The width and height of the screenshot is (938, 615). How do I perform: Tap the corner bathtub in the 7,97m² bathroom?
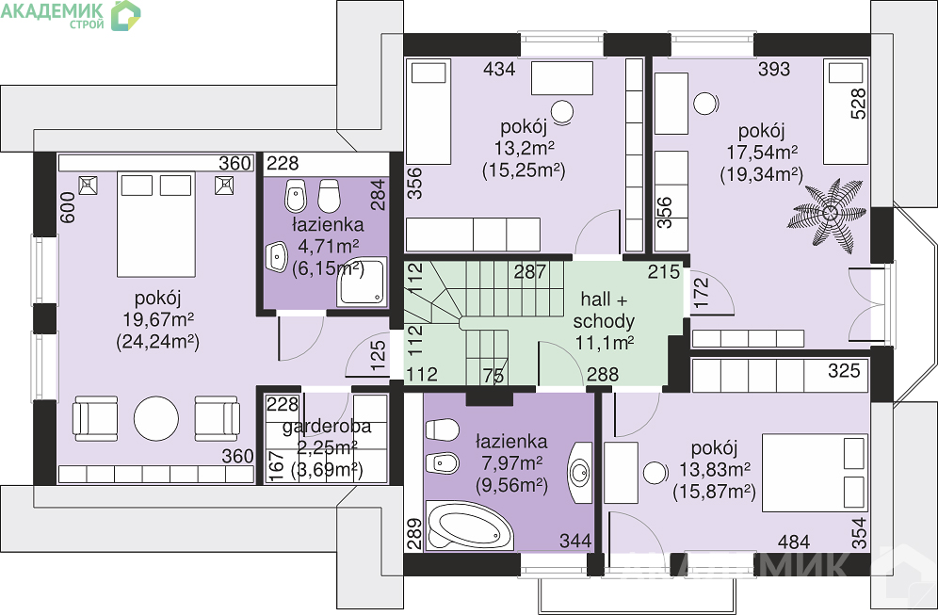click(x=470, y=526)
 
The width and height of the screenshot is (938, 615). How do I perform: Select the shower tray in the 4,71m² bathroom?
click(x=362, y=282)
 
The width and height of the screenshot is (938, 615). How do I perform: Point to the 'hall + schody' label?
click(x=604, y=310)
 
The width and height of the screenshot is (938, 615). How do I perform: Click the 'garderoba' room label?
click(x=327, y=426)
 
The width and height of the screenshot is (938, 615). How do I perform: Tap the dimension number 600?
click(x=68, y=207)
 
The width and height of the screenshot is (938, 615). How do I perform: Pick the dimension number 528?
click(x=858, y=104)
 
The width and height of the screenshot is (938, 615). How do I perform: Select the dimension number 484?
click(x=794, y=542)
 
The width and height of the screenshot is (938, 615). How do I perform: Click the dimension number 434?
click(x=499, y=69)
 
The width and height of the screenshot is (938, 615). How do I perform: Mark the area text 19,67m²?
click(x=157, y=319)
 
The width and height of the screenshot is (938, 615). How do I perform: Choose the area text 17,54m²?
click(x=762, y=152)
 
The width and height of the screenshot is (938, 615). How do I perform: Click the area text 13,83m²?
click(x=715, y=470)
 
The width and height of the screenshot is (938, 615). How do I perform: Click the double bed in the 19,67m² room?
click(x=156, y=224)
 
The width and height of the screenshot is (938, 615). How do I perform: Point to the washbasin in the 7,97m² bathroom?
click(x=580, y=473)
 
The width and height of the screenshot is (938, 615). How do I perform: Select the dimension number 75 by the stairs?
click(x=493, y=375)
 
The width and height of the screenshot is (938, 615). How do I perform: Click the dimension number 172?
click(x=700, y=293)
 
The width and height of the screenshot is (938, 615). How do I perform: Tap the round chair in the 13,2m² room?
click(x=562, y=111)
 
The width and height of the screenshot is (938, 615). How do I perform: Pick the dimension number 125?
click(x=378, y=355)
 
